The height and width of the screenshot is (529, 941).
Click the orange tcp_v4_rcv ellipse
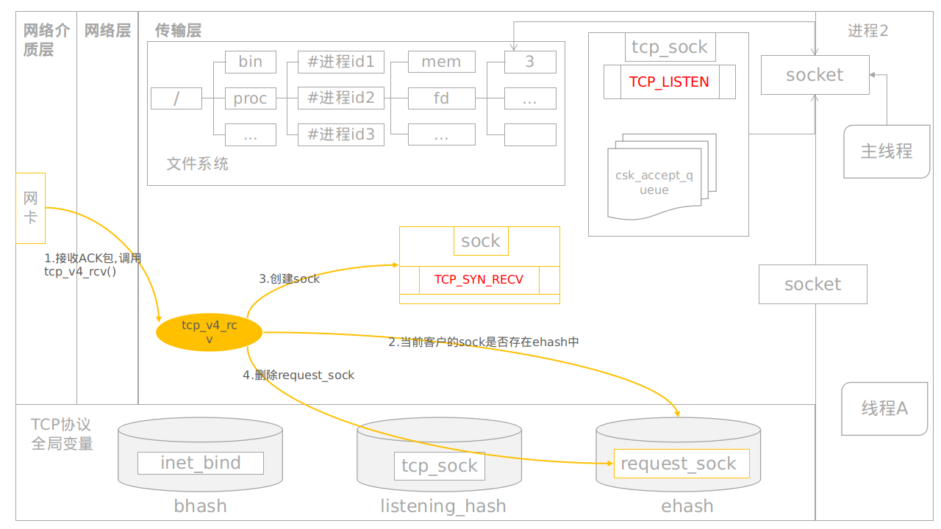209,333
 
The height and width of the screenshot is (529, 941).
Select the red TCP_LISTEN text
669,82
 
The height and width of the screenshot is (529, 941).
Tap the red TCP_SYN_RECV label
479,280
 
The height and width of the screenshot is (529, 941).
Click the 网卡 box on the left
30,208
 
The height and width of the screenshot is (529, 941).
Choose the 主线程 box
886,151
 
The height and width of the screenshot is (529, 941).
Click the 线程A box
884,409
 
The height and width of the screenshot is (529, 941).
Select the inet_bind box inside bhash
201,463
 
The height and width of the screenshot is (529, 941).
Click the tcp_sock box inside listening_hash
440,466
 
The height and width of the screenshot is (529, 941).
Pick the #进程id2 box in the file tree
341,98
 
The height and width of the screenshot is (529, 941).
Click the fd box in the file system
441,98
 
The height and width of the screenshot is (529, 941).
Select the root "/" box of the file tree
176,98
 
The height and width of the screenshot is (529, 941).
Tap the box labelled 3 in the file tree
530,62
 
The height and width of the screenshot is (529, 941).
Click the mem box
441,62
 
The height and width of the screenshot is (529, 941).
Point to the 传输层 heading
178,31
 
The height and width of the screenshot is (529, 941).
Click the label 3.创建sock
289,279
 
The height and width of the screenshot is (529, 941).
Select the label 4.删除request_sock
298,375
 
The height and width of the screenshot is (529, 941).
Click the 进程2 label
867,31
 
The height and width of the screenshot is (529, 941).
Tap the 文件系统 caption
197,164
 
